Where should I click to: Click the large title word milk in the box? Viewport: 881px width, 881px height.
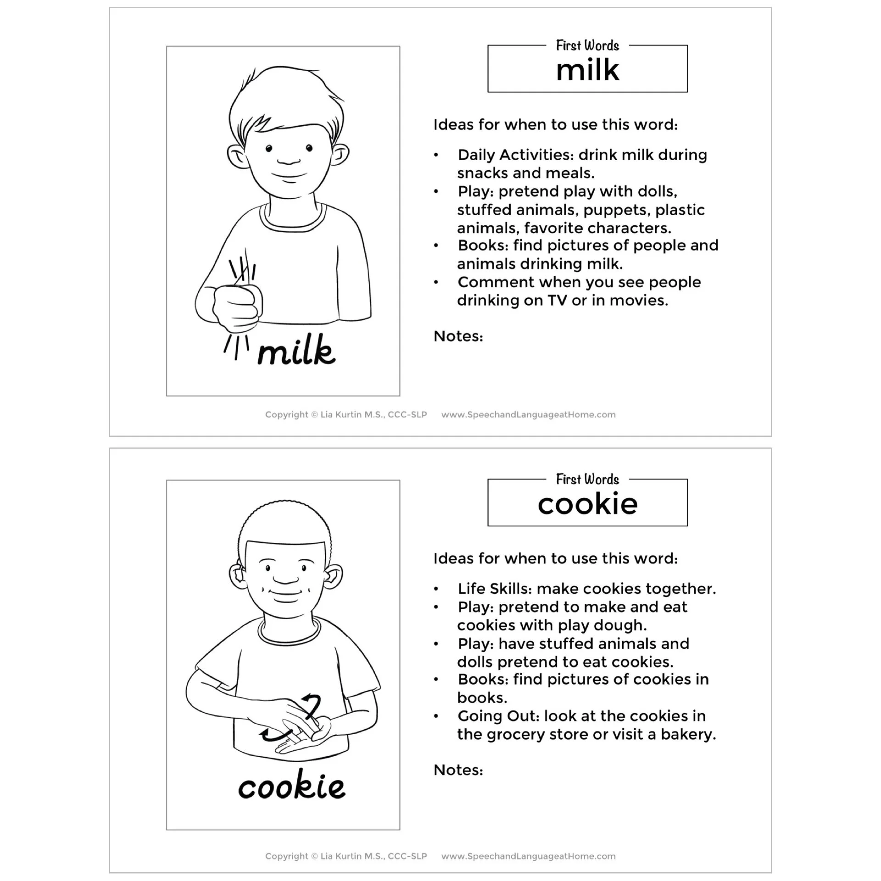[587, 71]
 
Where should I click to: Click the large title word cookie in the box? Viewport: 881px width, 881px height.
[587, 504]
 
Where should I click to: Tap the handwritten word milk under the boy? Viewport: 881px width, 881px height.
[296, 351]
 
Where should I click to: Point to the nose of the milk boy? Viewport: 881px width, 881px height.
[288, 161]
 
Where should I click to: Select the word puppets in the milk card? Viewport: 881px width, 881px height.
[615, 210]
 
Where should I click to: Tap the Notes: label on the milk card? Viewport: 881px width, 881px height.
[458, 336]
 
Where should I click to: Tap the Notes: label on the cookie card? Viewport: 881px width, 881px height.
[458, 770]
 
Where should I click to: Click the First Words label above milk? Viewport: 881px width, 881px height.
[587, 45]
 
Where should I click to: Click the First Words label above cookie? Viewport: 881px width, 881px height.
[587, 480]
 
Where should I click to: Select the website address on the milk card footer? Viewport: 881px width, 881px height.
[528, 415]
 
